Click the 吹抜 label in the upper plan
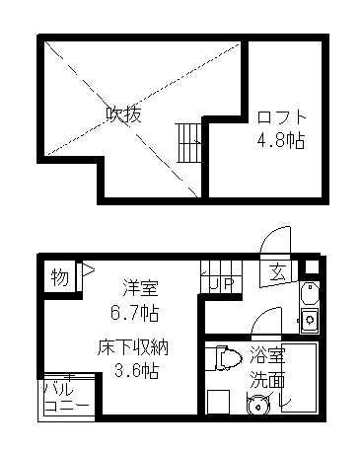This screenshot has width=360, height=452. click(x=124, y=114)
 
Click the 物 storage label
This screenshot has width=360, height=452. click(x=60, y=277)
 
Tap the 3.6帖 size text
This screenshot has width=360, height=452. click(x=136, y=372)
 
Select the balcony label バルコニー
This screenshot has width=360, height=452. click(x=66, y=397)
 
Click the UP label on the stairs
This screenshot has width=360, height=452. click(x=219, y=285)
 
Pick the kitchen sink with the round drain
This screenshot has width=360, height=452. click(x=309, y=320)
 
